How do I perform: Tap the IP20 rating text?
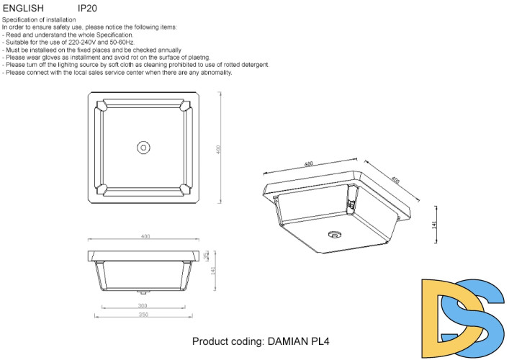tap(87, 8)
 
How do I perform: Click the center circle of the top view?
tap(143, 147)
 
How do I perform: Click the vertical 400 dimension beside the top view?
tap(218, 148)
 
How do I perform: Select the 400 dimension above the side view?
tap(145, 237)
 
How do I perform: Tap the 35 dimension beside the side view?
tap(207, 256)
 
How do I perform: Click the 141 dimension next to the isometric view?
tap(434, 225)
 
